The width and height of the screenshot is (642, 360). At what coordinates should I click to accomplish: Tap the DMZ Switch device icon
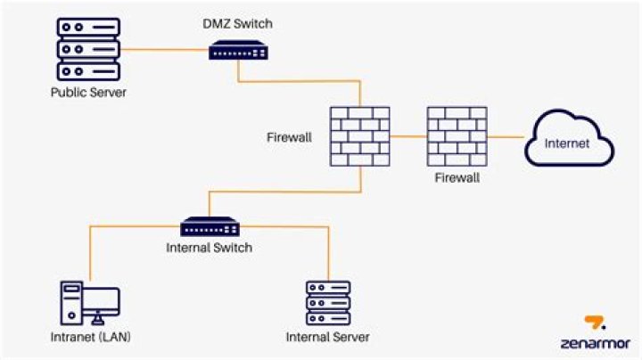(x=238, y=51)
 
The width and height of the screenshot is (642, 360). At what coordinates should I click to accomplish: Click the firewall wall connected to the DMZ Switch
(x=359, y=136)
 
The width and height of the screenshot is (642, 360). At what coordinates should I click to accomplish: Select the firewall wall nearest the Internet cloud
(x=456, y=136)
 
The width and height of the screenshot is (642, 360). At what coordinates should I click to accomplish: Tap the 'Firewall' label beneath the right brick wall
(x=457, y=178)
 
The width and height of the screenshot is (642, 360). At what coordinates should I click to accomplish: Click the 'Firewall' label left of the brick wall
(x=288, y=137)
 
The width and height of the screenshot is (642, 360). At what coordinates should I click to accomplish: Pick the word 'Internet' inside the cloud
(x=566, y=143)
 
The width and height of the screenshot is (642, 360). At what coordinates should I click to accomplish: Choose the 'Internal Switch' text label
(x=210, y=248)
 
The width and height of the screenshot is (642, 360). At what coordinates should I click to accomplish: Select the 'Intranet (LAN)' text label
(x=90, y=337)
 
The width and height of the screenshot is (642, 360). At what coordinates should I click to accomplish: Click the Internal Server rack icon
(x=327, y=303)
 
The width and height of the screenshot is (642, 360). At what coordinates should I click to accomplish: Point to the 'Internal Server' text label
(x=327, y=337)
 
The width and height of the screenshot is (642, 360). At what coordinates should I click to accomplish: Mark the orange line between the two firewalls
(x=407, y=137)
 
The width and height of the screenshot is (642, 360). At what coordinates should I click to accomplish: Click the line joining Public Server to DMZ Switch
(x=160, y=50)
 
